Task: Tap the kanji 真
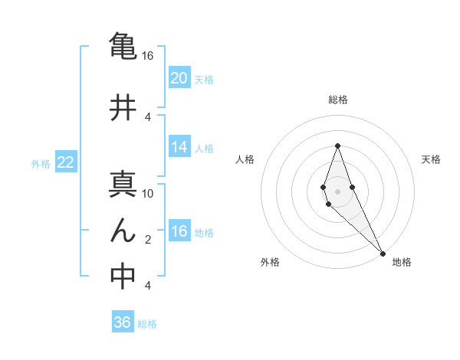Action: tap(123, 185)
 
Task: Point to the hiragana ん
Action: tap(123, 231)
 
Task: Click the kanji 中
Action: tap(123, 277)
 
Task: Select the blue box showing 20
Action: tap(179, 77)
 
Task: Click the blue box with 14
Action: tap(179, 147)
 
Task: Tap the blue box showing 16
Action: tap(179, 231)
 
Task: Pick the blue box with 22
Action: tap(66, 162)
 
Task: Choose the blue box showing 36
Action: tap(123, 322)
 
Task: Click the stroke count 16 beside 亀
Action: tap(148, 56)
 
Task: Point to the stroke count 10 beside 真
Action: tap(148, 193)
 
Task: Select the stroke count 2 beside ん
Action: tap(148, 240)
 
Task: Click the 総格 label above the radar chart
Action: tap(338, 100)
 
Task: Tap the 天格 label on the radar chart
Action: tap(432, 159)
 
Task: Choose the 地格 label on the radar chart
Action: tap(402, 262)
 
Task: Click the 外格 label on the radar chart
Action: tap(270, 262)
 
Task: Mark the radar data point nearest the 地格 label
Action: tap(383, 253)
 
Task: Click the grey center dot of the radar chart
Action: tap(338, 191)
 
